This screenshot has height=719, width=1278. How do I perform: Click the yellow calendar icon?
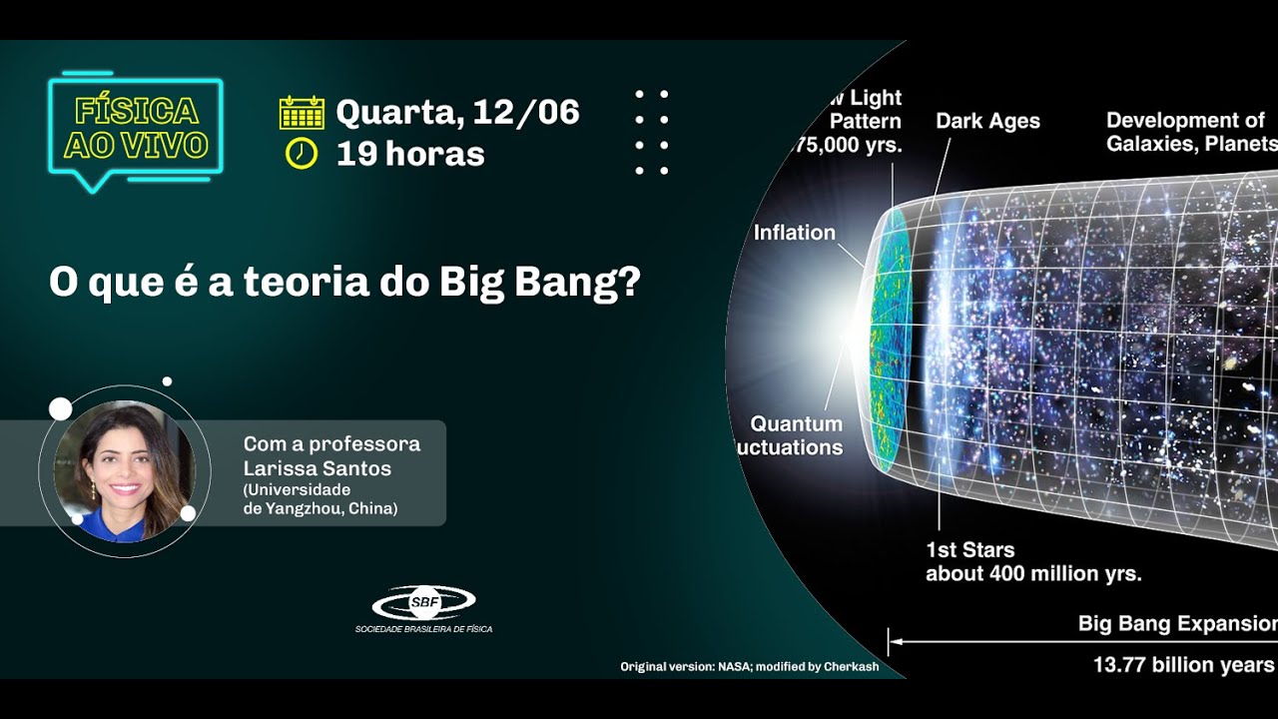point(302,113)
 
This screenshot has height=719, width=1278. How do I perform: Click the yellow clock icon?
point(302,154)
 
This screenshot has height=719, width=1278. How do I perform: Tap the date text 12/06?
point(525,112)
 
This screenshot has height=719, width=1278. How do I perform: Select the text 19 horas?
point(409,154)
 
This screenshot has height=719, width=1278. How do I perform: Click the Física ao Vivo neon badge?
point(136,129)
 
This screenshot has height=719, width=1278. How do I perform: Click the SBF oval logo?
point(423,602)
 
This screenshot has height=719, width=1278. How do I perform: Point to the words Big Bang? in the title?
point(539,283)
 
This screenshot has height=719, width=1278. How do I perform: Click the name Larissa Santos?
point(318,468)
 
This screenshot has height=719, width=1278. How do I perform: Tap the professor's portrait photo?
point(124,470)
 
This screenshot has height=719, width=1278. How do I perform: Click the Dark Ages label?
point(987,122)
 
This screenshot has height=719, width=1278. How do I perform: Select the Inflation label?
point(794,233)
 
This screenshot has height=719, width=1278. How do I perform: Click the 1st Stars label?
point(969,550)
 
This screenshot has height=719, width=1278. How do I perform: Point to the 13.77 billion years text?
point(1183,665)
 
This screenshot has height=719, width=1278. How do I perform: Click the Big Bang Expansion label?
point(1177,624)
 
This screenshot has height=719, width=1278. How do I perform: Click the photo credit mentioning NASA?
point(749,666)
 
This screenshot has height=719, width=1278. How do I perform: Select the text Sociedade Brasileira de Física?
point(423,629)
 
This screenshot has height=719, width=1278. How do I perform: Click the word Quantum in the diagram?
point(796,423)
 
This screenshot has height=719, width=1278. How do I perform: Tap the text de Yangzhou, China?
point(320,508)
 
